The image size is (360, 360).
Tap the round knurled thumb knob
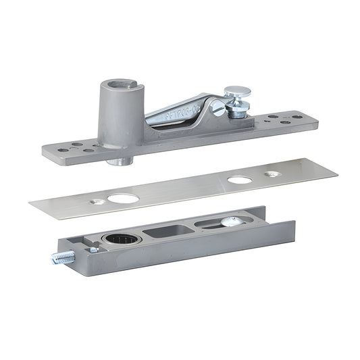237,92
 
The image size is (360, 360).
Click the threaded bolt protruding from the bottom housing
62,257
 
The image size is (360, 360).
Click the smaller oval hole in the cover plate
239,181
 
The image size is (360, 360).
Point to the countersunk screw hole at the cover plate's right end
273,174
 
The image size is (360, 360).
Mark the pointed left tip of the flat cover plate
31,203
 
